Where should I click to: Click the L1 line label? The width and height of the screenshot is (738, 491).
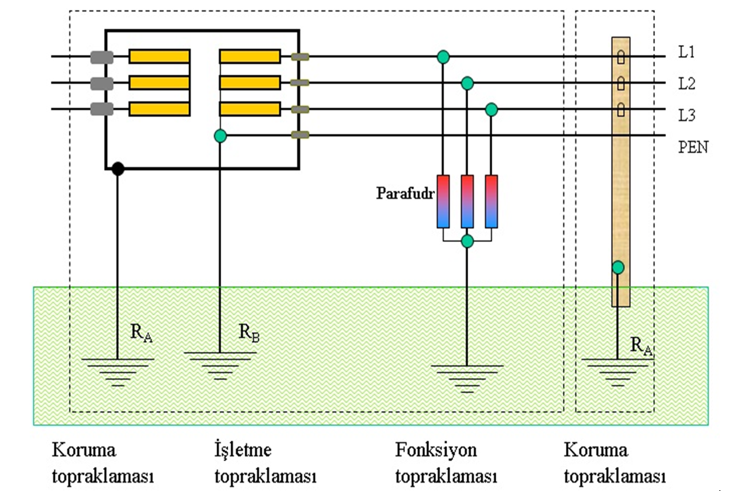pos(686,52)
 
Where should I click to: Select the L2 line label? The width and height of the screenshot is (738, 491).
pos(686,84)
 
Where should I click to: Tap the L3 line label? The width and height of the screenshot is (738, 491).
pos(686,115)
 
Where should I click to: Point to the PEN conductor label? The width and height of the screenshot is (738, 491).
pos(693,147)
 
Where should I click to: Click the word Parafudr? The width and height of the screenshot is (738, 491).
pos(405,193)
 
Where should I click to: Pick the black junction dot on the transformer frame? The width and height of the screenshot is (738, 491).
pos(118,169)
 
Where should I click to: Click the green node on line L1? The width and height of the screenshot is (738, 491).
pos(443,57)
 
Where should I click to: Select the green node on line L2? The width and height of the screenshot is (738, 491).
pos(467,83)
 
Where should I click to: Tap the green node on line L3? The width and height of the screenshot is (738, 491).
pos(492,109)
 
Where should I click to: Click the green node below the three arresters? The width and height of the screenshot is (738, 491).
pos(467,241)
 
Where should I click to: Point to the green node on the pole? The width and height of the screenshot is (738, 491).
pos(617,268)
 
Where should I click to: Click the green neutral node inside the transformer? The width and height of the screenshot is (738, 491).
pos(220,136)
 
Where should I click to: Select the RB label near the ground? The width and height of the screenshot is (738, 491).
pos(248,333)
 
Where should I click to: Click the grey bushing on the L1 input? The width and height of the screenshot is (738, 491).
pos(102,57)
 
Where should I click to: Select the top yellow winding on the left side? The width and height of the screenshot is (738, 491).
pos(159,56)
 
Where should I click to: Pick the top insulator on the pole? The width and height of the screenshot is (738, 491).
pos(621,57)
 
